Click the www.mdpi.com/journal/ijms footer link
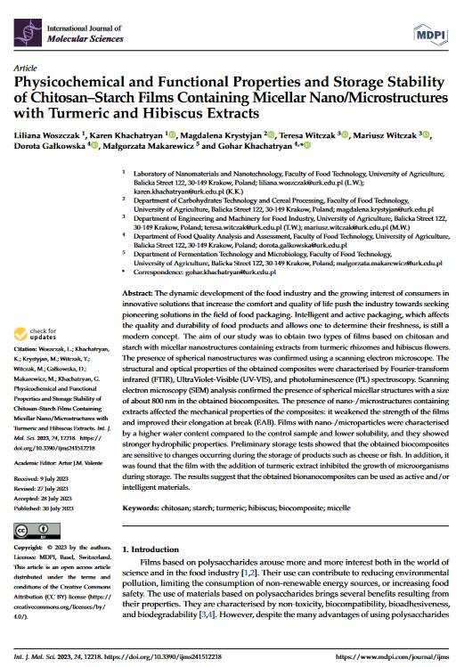[x=399, y=655]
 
